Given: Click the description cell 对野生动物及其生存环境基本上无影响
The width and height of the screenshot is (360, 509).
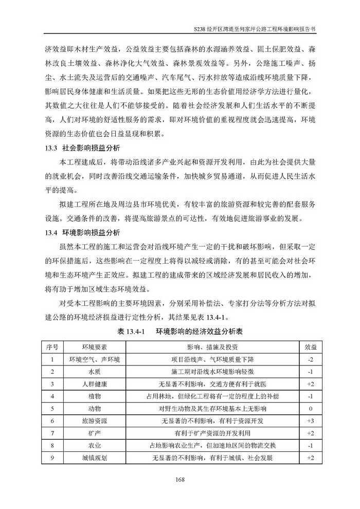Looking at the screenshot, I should pyautogui.click(x=211, y=408).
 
